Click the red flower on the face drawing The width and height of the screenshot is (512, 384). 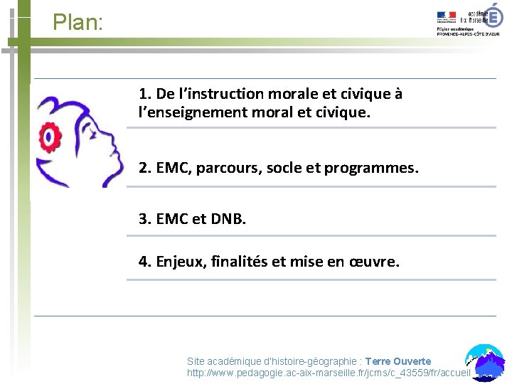point(49,134)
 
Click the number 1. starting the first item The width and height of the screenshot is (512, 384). point(145,94)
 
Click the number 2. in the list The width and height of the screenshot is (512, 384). point(145,169)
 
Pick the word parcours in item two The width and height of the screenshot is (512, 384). point(228,169)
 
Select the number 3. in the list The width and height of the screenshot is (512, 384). point(145,219)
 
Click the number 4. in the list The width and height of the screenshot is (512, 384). point(145,262)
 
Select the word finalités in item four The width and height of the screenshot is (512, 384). point(240,262)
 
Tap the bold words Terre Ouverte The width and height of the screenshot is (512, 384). point(398,361)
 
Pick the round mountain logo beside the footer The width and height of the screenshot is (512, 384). point(485,361)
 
